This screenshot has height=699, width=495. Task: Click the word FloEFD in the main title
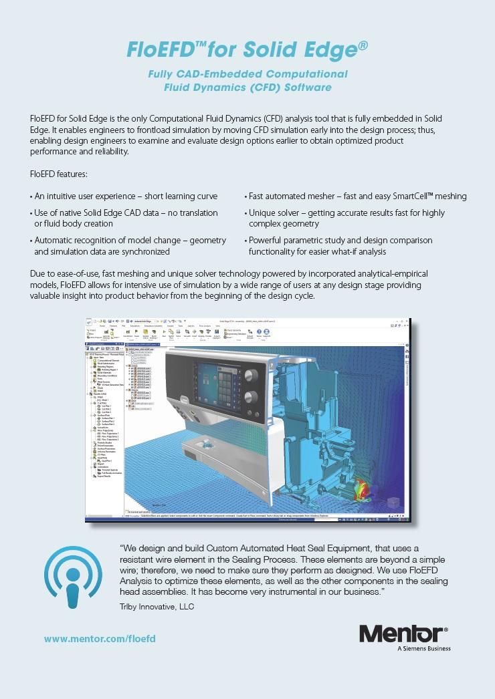(156, 49)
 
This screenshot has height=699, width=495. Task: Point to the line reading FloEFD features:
(59, 174)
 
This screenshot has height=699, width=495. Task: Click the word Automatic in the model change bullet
(56, 240)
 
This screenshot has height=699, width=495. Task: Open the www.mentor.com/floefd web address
(100, 639)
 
